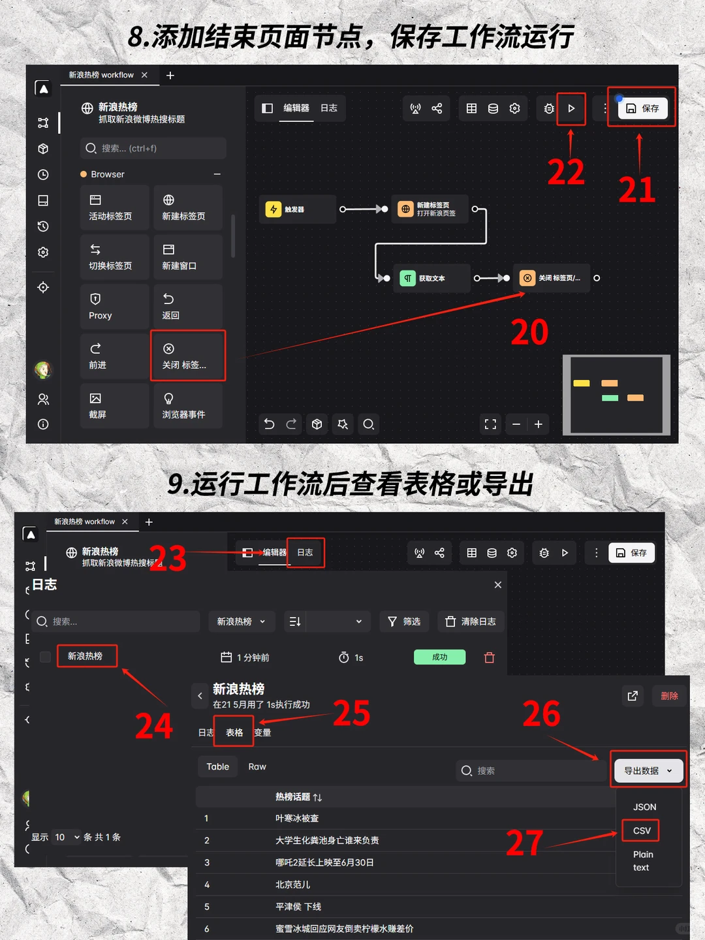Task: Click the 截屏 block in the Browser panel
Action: coord(115,406)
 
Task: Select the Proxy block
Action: coord(115,307)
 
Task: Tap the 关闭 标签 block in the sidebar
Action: coord(188,356)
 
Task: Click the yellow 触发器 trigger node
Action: coord(297,210)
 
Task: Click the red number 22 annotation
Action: coord(566,173)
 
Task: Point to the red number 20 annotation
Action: coord(529,332)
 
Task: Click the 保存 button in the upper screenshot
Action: coord(643,108)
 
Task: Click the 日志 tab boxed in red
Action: coord(305,552)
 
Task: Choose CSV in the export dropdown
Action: coord(641,830)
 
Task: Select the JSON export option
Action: coord(644,807)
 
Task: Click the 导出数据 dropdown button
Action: coord(648,770)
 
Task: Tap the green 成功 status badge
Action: coord(439,657)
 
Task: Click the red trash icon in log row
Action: coord(490,657)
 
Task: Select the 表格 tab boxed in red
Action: coord(234,732)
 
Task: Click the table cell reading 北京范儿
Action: coord(293,885)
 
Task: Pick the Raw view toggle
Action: coord(257,766)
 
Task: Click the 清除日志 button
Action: coord(471,621)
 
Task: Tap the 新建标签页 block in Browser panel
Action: coord(188,208)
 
